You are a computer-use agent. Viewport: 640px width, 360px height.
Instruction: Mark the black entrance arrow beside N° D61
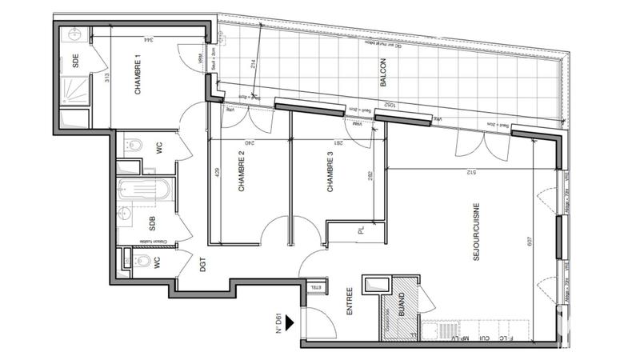290,324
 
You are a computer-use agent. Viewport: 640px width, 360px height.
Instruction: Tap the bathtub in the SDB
144,191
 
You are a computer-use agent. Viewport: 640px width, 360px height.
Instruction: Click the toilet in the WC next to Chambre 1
134,146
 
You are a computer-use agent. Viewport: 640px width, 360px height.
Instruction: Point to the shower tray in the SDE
74,116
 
